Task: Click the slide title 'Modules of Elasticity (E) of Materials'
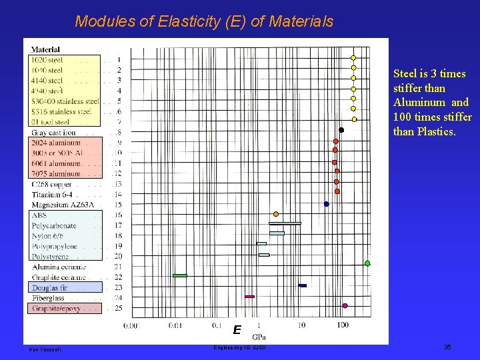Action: pyautogui.click(x=204, y=21)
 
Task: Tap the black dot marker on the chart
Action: pyautogui.click(x=341, y=130)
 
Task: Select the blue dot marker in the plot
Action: pyautogui.click(x=326, y=204)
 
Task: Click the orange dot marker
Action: pyautogui.click(x=276, y=214)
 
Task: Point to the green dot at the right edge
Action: pyautogui.click(x=367, y=263)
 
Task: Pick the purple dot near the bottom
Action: pyautogui.click(x=345, y=306)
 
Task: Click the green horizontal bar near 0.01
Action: pyautogui.click(x=180, y=275)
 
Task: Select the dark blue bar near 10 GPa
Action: pyautogui.click(x=303, y=285)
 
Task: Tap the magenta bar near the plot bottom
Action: pyautogui.click(x=250, y=296)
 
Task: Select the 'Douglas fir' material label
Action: pyautogui.click(x=49, y=287)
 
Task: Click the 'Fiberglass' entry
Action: pyautogui.click(x=48, y=298)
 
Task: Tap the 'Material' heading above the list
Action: pyautogui.click(x=45, y=49)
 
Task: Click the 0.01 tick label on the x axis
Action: pyautogui.click(x=175, y=325)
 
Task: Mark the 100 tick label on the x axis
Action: pyautogui.click(x=343, y=325)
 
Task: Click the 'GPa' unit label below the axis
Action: pyautogui.click(x=259, y=337)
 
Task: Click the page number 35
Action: pyautogui.click(x=447, y=347)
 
